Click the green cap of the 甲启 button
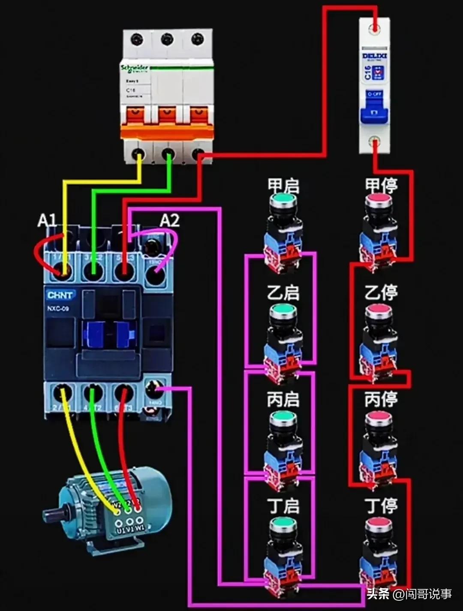[x=283, y=199]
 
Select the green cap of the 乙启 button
[x=283, y=309]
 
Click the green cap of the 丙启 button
[x=283, y=416]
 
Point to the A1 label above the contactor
[x=47, y=220]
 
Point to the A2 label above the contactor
[x=170, y=220]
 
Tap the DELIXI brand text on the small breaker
[x=375, y=56]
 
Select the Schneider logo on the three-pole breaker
[x=135, y=69]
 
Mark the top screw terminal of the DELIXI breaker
[x=375, y=28]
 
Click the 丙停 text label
[x=381, y=399]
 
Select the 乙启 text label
[x=283, y=293]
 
